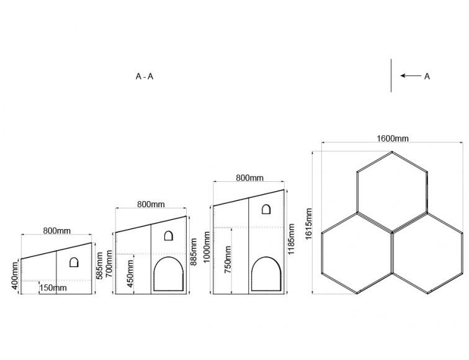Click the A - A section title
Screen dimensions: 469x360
click(145, 76)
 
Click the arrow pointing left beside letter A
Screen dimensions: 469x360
click(411, 76)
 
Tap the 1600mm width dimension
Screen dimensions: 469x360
click(393, 138)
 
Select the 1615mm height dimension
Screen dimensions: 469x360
click(308, 223)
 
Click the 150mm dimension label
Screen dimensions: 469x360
click(53, 288)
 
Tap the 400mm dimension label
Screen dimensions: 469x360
click(15, 276)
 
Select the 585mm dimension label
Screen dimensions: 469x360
click(100, 266)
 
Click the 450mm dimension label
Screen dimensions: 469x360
click(130, 274)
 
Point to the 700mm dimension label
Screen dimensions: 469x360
click(109, 263)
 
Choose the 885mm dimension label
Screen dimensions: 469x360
click(194, 251)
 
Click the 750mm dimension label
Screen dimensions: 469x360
click(228, 259)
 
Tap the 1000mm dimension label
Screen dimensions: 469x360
click(207, 247)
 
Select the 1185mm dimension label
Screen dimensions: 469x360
click(291, 239)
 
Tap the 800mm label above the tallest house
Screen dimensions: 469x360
click(250, 178)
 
